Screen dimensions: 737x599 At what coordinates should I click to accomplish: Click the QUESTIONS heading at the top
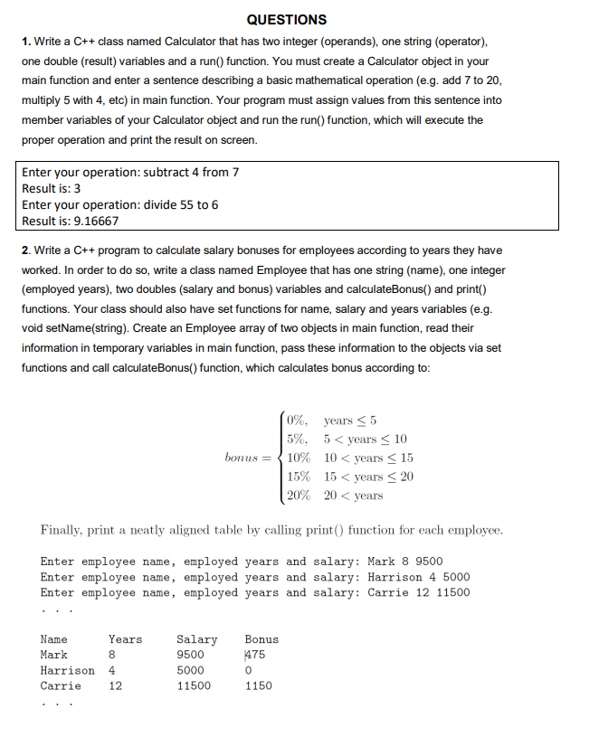(x=286, y=19)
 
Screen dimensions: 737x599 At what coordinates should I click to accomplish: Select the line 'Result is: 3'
(x=52, y=188)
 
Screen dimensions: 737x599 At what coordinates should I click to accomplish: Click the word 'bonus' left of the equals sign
(x=243, y=458)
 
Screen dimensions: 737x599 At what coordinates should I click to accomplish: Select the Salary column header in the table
(x=196, y=639)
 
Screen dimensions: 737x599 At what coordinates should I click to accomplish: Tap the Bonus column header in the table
(x=261, y=639)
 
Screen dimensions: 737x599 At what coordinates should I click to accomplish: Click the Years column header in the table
(x=125, y=639)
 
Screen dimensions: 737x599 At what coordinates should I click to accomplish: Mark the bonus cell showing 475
(x=255, y=655)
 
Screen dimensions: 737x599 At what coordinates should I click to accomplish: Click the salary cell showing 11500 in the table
(x=193, y=685)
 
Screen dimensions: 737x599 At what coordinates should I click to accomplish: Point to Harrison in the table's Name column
(x=67, y=670)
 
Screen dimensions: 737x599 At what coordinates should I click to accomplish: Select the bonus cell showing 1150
(x=258, y=685)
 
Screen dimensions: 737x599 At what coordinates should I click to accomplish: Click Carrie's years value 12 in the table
(x=115, y=685)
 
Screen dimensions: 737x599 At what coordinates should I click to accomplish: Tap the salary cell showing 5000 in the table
(x=190, y=670)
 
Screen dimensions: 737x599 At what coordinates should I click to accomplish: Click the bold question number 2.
(x=26, y=250)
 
